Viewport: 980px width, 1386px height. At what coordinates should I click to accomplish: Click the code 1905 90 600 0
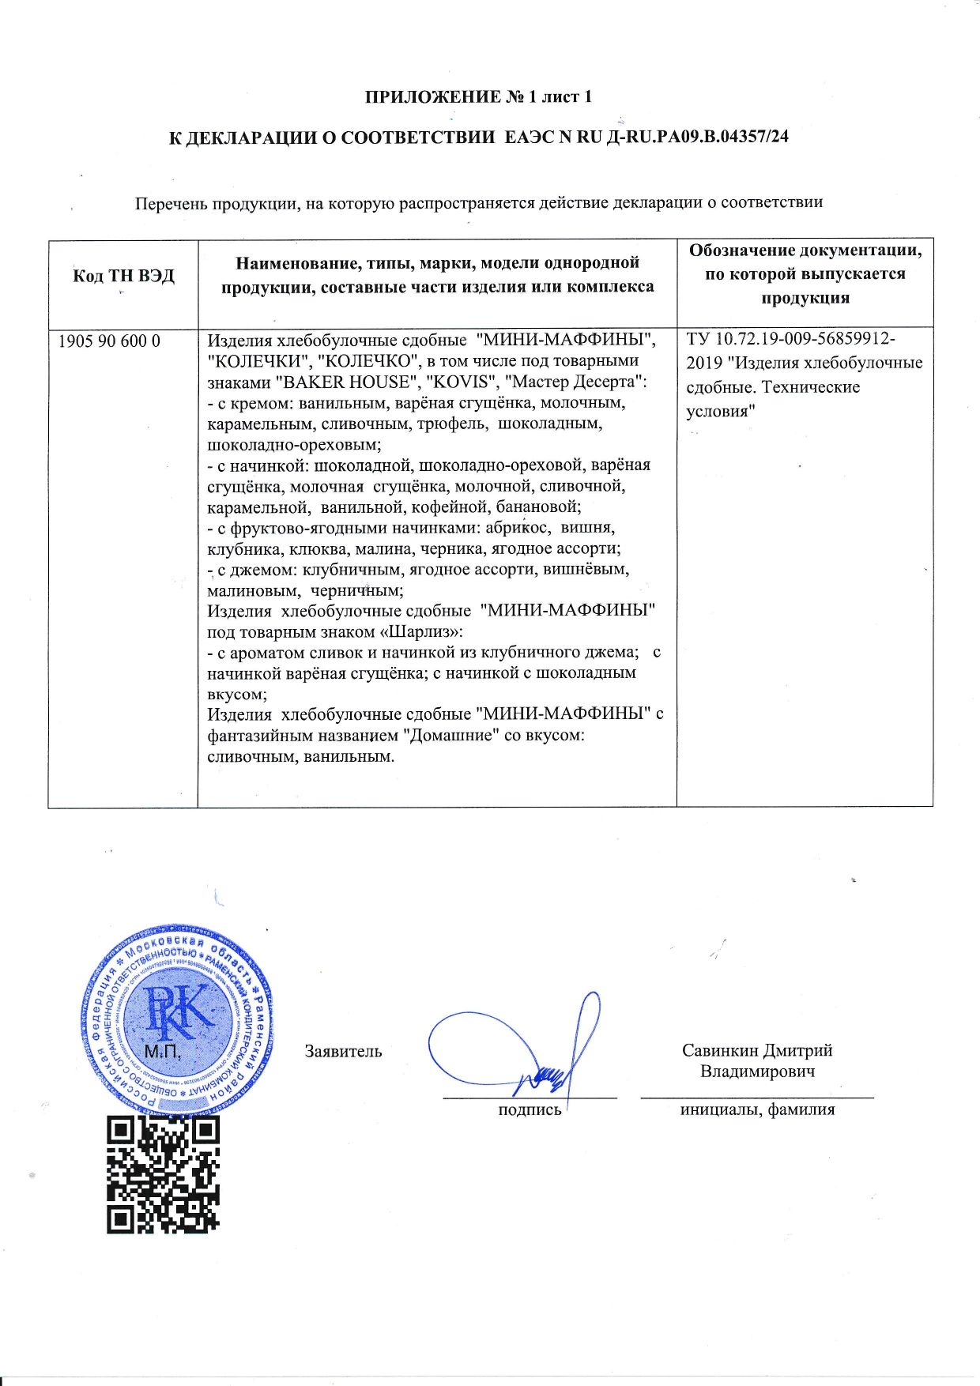click(110, 341)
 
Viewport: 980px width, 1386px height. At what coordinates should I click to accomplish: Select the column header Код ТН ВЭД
click(123, 276)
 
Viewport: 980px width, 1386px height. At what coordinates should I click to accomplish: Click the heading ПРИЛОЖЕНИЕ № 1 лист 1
click(477, 97)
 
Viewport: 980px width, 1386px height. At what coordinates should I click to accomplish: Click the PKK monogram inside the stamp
click(179, 1012)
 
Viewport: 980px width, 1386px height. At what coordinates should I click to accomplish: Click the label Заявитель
click(343, 1051)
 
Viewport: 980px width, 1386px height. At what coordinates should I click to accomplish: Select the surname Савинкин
click(720, 1050)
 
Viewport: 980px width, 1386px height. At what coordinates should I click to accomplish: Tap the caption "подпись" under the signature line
click(530, 1109)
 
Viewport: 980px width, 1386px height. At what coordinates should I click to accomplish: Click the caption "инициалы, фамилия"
click(757, 1109)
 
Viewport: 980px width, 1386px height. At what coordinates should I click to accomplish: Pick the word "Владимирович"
click(757, 1072)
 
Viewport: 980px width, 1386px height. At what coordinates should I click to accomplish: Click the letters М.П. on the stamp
click(163, 1051)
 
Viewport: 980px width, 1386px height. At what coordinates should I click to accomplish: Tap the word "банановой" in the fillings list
click(538, 507)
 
